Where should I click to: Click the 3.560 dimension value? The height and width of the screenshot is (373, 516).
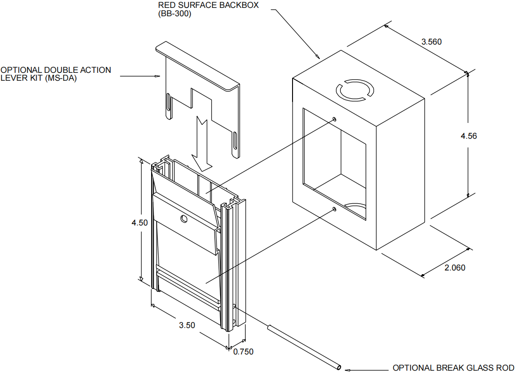431,42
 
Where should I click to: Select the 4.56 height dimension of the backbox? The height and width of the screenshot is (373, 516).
469,136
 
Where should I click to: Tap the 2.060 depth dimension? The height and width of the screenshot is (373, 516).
454,268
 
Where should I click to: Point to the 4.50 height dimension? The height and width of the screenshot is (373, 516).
140,223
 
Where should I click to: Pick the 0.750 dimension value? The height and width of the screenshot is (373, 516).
243,352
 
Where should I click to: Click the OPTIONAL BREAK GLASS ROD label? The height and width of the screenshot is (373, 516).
450,368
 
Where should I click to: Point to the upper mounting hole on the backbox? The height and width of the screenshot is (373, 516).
334,119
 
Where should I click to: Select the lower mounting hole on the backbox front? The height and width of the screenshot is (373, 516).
334,210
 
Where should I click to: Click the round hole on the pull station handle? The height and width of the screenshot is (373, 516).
184,218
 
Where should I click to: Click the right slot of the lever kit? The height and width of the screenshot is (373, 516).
236,141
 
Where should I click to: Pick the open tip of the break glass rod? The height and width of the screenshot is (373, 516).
339,368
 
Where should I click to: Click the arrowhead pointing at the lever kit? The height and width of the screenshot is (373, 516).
157,76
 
